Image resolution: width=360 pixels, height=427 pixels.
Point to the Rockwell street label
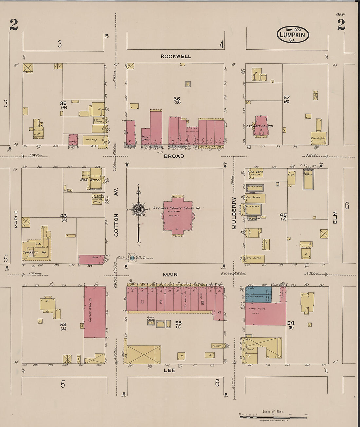coord(176,56)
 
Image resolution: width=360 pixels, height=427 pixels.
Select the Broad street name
coord(174,156)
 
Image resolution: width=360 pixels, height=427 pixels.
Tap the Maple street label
coord(16,219)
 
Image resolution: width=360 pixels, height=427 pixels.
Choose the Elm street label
coord(335,218)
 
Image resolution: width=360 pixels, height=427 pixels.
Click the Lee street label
coord(170,370)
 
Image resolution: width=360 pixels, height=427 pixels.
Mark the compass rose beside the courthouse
coord(138,209)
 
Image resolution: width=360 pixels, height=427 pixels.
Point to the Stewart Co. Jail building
coord(261,126)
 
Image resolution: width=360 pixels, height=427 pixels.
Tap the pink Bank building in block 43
coord(92,259)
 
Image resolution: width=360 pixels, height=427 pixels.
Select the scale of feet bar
coord(273,417)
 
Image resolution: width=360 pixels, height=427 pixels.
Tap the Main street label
coord(170,275)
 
